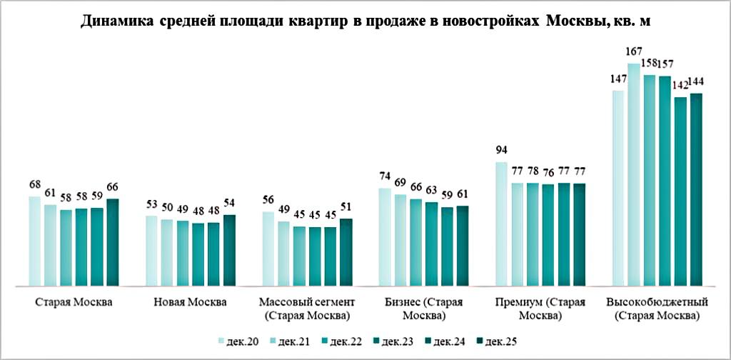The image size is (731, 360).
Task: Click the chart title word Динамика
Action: (x=113, y=22)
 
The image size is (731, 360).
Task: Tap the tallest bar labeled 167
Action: (x=634, y=175)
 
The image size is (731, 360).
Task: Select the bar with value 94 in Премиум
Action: (x=501, y=224)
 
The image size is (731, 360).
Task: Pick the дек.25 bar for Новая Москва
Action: (x=229, y=250)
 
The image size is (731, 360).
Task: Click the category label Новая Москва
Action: (x=190, y=301)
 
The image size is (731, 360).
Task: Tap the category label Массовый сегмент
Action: (x=307, y=301)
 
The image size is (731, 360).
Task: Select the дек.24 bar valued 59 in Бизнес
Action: (x=447, y=246)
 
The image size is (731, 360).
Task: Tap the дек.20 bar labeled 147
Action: (x=617, y=189)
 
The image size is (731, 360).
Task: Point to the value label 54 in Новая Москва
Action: (x=228, y=204)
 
